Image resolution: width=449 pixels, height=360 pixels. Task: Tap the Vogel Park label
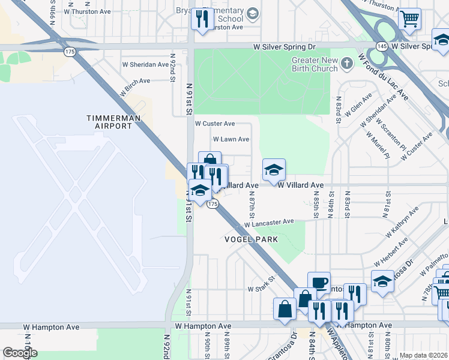click(x=252, y=239)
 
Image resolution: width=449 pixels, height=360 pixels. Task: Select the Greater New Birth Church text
click(x=315, y=64)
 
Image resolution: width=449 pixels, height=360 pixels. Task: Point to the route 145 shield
click(x=382, y=46)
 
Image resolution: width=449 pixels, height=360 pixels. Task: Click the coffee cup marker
click(x=319, y=283)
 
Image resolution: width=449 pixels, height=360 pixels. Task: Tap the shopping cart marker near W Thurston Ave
click(x=410, y=19)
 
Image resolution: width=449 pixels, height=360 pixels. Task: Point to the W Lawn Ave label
click(x=231, y=139)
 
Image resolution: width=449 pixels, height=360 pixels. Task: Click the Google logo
click(x=20, y=352)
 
